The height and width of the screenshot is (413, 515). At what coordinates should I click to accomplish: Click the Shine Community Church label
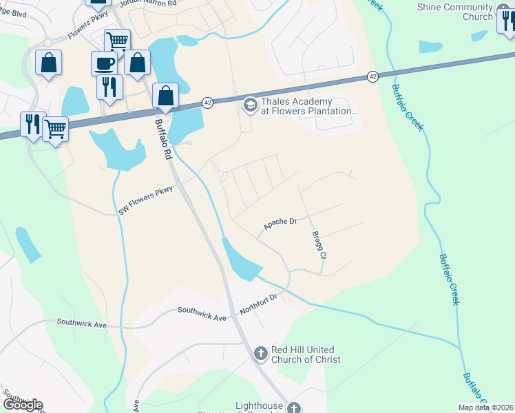pos(455,12)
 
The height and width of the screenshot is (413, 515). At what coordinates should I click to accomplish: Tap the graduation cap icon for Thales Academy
pos(249,104)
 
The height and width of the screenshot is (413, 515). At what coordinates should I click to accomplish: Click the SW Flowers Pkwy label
pos(145,200)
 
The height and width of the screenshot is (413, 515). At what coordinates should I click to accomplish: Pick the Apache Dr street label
pos(280,223)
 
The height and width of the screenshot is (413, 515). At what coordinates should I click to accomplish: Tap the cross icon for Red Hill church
pos(260,354)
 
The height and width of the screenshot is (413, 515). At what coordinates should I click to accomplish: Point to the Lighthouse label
pos(260,406)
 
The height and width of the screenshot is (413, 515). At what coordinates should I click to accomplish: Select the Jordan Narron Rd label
pos(148,3)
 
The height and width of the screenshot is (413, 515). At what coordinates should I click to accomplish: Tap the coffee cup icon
pos(104,63)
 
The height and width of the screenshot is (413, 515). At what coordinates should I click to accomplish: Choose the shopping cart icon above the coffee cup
pos(117,42)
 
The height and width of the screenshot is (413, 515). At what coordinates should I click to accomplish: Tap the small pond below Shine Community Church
pos(430,47)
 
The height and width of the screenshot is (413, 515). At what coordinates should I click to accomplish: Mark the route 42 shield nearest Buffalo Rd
pos(207,102)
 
